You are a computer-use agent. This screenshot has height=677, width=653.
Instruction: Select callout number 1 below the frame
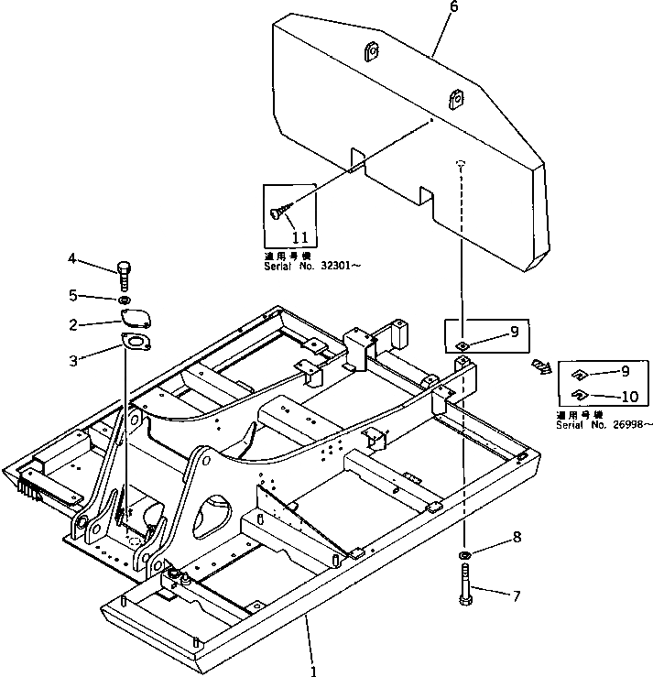[x=314, y=670]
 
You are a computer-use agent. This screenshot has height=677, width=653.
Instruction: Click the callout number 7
[x=516, y=596]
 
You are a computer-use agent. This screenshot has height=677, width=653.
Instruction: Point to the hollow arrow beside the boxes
[x=542, y=368]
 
